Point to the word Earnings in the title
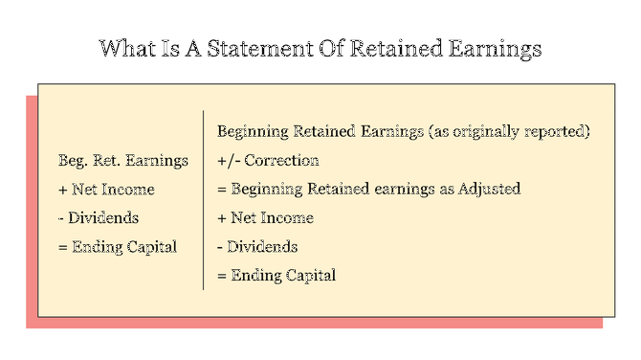pos(497,48)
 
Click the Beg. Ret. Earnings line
pos(123,160)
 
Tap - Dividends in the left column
pos(98,217)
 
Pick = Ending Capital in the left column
pos(118,246)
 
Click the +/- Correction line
pos(268,160)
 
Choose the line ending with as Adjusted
pos(368,189)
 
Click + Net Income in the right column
pos(265,217)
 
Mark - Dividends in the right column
pos(257,246)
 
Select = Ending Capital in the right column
pos(276,275)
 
